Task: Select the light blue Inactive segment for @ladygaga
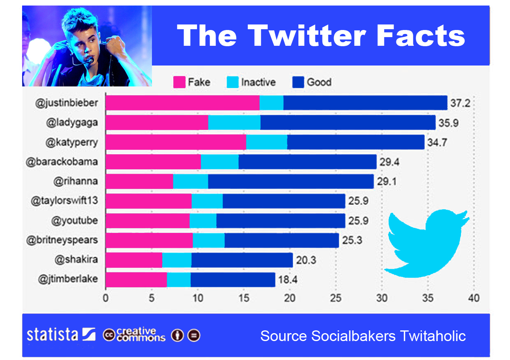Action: click(x=234, y=122)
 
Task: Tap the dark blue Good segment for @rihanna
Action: click(x=291, y=181)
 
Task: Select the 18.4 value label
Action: click(x=287, y=280)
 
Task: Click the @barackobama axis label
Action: click(x=62, y=161)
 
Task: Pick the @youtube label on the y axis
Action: click(x=74, y=220)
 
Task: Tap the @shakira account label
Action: click(x=77, y=259)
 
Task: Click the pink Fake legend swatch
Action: click(x=179, y=82)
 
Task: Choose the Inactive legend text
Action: click(x=258, y=82)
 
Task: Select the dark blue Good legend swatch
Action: click(x=298, y=82)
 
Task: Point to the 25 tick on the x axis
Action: click(x=336, y=298)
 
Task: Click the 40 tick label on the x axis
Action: click(x=474, y=298)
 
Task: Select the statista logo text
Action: click(x=52, y=335)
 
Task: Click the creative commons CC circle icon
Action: click(x=109, y=335)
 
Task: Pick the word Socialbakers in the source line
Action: click(x=353, y=336)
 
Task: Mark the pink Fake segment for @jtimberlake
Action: click(x=136, y=279)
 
